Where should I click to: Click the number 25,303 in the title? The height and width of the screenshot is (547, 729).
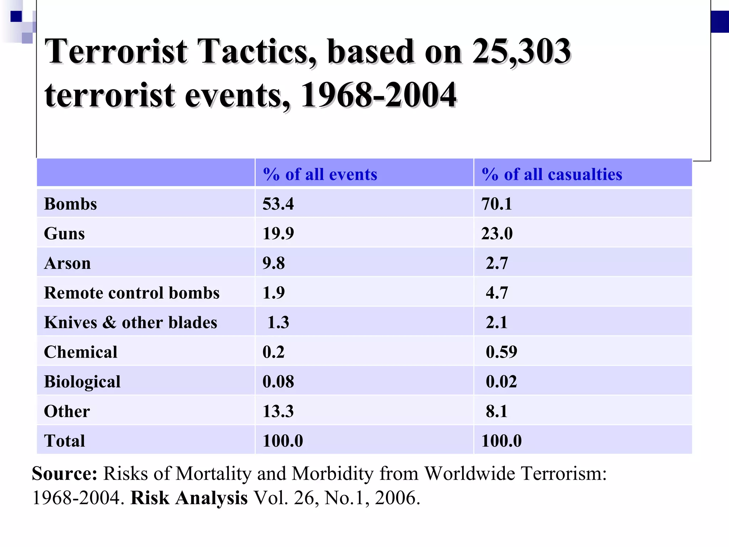click(521, 52)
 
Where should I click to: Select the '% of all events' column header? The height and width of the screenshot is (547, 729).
click(320, 174)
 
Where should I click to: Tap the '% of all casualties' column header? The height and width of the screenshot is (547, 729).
click(551, 174)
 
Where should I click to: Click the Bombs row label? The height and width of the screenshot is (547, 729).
click(70, 204)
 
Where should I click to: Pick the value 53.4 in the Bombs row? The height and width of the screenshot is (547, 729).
click(278, 204)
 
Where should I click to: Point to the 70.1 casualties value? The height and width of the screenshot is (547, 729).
click(496, 204)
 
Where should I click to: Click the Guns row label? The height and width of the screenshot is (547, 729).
click(64, 234)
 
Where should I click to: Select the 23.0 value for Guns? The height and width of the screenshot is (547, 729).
click(497, 234)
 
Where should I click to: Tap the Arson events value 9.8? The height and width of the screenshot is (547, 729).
click(273, 263)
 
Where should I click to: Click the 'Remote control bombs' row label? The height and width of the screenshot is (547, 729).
click(131, 293)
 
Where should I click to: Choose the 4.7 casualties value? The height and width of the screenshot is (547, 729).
click(497, 293)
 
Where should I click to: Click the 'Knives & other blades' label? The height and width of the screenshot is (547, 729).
click(130, 322)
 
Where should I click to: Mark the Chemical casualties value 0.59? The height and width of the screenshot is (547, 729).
click(501, 352)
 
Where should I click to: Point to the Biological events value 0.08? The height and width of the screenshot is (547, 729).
click(278, 381)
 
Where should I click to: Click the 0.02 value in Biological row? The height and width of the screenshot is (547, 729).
click(501, 381)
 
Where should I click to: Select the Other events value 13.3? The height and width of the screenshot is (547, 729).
click(278, 411)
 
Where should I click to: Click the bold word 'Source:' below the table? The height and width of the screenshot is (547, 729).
click(64, 474)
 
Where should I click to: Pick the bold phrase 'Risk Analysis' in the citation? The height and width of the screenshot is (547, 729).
click(189, 497)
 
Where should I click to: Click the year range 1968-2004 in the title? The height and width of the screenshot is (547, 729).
click(378, 95)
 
